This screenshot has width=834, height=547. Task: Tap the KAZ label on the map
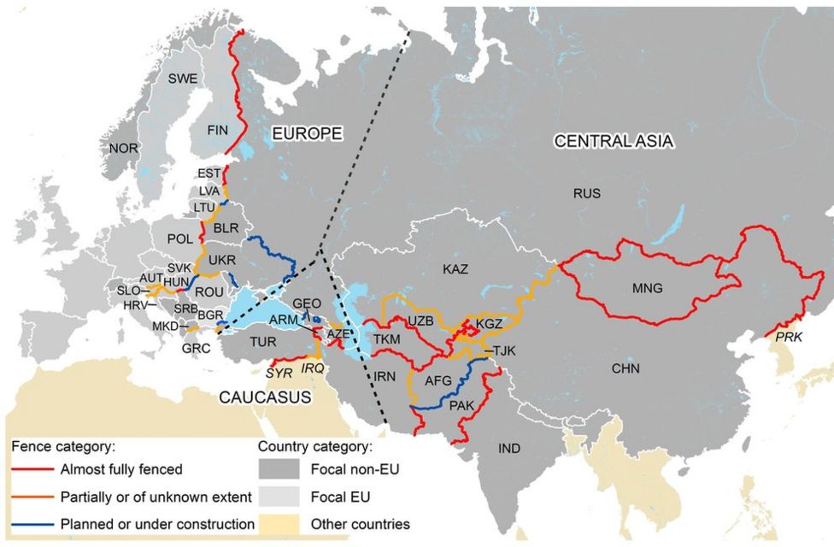(x=455, y=269)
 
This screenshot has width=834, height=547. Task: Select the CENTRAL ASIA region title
(x=614, y=141)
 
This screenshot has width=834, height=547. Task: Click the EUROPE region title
(x=307, y=133)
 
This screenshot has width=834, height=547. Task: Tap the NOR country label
(x=124, y=148)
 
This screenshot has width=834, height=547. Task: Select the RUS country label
(x=587, y=194)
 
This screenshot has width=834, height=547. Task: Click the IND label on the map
(x=509, y=447)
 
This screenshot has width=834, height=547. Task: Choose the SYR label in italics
(x=279, y=373)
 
